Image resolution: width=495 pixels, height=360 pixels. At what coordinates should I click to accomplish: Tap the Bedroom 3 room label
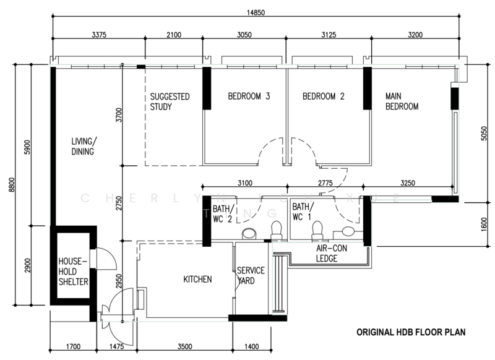point(249,96)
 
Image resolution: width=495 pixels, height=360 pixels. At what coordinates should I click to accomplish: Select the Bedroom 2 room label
point(323,96)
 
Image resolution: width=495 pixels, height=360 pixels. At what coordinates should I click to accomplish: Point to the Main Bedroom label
point(402,101)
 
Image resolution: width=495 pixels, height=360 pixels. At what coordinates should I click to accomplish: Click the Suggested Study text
point(170,101)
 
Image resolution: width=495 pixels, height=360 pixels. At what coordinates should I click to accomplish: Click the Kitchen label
point(198,280)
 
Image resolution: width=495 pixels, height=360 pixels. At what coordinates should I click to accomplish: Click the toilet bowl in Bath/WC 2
point(249,233)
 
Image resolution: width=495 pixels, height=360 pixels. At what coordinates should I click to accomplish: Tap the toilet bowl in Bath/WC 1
point(317,229)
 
